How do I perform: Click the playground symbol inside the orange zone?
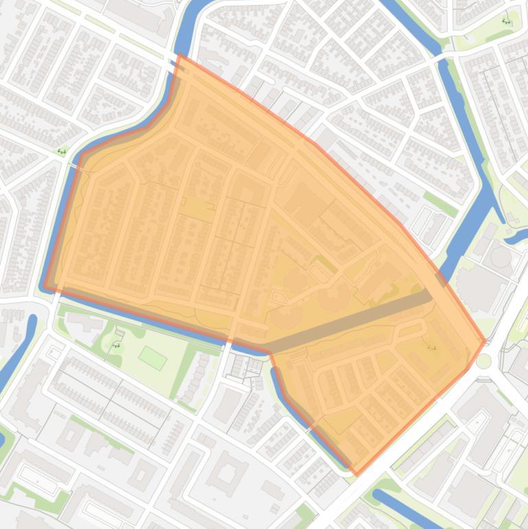(x=432, y=346)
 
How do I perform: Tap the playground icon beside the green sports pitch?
(x=117, y=345)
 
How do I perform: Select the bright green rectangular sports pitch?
(x=152, y=357)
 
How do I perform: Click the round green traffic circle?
(x=485, y=361)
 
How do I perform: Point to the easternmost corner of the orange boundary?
(x=485, y=340)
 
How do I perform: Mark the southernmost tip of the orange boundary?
(x=356, y=473)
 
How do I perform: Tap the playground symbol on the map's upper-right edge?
(x=506, y=21)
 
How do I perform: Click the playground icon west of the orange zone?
(x=62, y=151)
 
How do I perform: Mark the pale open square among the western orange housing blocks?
(x=197, y=207)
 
